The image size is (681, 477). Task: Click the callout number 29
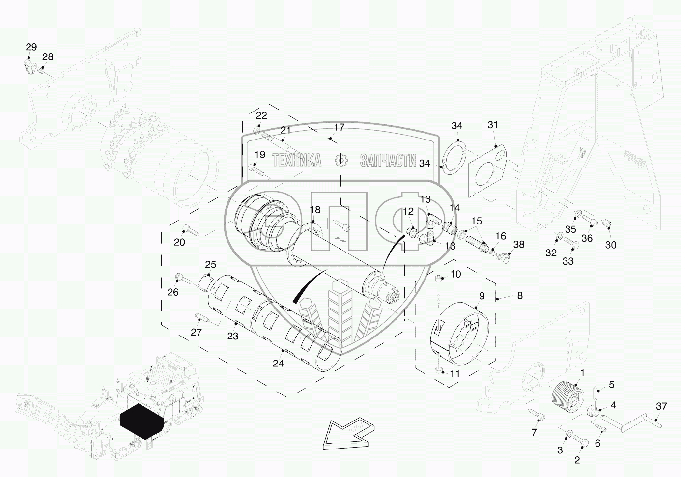(x=31, y=47)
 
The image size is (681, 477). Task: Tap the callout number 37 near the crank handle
(x=661, y=406)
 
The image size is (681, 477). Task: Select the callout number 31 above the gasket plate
(x=493, y=125)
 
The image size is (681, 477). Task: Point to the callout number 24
(x=278, y=363)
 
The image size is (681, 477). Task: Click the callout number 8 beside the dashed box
(x=520, y=296)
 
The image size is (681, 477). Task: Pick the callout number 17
(x=340, y=127)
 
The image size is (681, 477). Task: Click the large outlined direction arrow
(x=348, y=434)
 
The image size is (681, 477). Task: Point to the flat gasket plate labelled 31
(x=487, y=171)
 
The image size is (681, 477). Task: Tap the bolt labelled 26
(x=183, y=278)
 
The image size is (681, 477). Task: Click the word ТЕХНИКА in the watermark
(x=296, y=160)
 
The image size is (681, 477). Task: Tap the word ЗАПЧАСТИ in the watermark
(x=388, y=160)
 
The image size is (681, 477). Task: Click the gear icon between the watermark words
(x=341, y=160)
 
